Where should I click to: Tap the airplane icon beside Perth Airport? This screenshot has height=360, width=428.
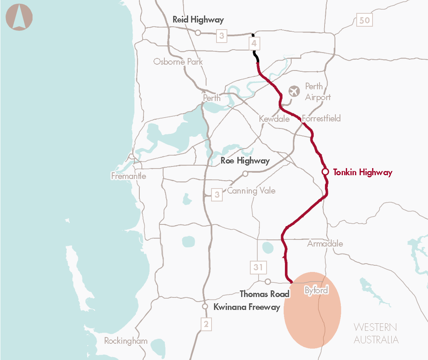click(x=295, y=91)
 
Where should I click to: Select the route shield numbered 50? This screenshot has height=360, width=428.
click(x=365, y=20)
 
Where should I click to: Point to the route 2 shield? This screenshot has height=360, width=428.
click(x=205, y=324)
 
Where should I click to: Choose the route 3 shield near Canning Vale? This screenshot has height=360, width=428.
click(x=217, y=194)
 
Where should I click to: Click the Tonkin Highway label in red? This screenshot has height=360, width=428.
click(x=363, y=172)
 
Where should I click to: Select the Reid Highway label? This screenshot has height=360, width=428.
click(x=198, y=20)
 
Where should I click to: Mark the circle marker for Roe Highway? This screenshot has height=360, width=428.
click(x=245, y=174)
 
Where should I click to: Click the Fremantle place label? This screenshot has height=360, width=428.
click(x=128, y=176)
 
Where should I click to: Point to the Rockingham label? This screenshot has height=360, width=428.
click(x=126, y=341)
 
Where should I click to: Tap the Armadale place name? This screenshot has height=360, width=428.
click(x=325, y=244)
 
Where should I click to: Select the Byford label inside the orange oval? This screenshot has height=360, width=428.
click(x=316, y=290)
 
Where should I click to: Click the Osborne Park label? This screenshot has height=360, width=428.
click(x=178, y=62)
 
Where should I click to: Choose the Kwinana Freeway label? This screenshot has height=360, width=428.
click(x=247, y=307)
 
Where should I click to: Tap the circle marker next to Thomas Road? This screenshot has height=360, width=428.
click(x=268, y=282)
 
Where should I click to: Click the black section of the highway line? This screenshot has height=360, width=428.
click(x=255, y=54)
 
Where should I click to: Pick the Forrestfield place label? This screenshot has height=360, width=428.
click(x=321, y=118)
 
